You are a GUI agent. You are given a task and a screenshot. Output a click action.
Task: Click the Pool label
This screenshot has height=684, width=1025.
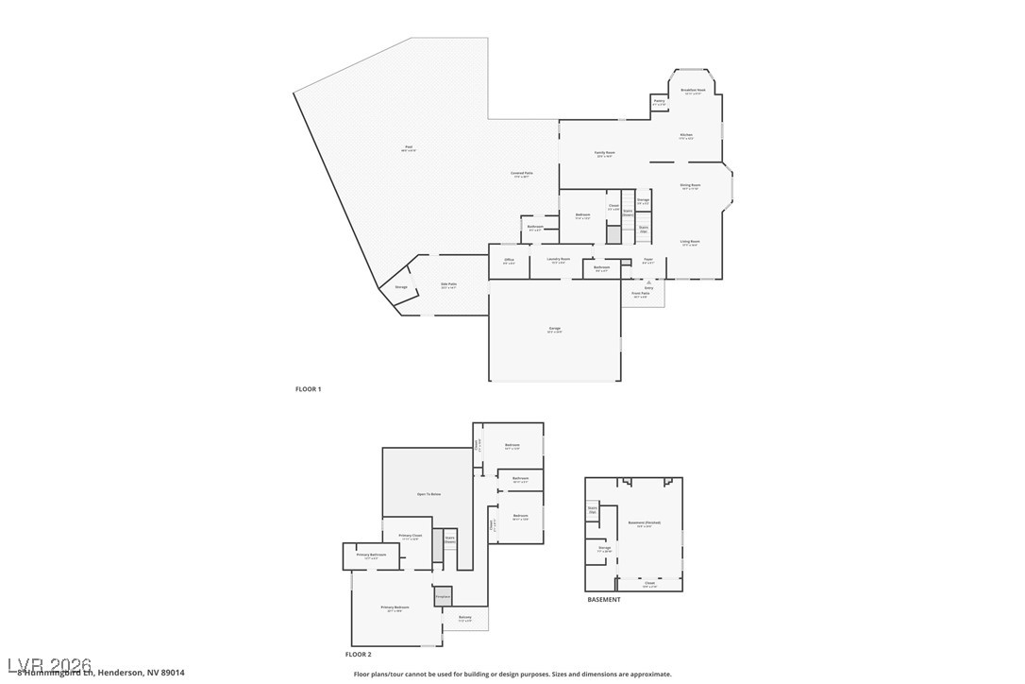pyautogui.click(x=409, y=147)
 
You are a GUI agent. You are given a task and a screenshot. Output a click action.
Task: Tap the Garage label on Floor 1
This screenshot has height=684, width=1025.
pyautogui.click(x=554, y=329)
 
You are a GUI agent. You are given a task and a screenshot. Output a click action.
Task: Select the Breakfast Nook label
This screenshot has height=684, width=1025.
pyautogui.click(x=693, y=91)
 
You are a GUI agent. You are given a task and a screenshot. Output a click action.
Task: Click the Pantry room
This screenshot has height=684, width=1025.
pyautogui.click(x=659, y=101)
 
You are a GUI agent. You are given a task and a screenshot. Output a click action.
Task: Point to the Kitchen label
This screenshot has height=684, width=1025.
pyautogui.click(x=686, y=135)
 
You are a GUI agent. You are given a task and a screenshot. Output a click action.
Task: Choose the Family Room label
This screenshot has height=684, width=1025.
pyautogui.click(x=605, y=153)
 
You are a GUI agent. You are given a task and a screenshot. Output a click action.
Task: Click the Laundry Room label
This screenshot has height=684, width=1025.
pyautogui.click(x=558, y=260)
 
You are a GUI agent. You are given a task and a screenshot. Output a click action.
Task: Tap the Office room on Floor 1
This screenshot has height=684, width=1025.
pyautogui.click(x=509, y=261)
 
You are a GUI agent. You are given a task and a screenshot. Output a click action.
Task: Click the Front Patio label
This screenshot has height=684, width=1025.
pyautogui.click(x=640, y=294)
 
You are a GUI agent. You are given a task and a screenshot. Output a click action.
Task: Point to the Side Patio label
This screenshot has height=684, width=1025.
pyautogui.click(x=448, y=284)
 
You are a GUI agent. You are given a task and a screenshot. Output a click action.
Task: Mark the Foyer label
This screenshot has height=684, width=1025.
pyautogui.click(x=648, y=260)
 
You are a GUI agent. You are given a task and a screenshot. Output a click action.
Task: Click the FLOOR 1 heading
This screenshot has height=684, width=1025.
pyautogui.click(x=309, y=389)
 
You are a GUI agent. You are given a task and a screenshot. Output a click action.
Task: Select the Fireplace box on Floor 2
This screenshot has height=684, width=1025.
pyautogui.click(x=443, y=596)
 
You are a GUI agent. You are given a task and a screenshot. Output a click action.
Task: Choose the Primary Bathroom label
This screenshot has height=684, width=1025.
pyautogui.click(x=371, y=556)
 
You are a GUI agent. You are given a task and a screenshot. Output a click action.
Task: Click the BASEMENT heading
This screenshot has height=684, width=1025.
pyautogui.click(x=604, y=600)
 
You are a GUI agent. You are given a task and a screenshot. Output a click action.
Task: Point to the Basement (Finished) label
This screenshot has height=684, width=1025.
pyautogui.click(x=644, y=523)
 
